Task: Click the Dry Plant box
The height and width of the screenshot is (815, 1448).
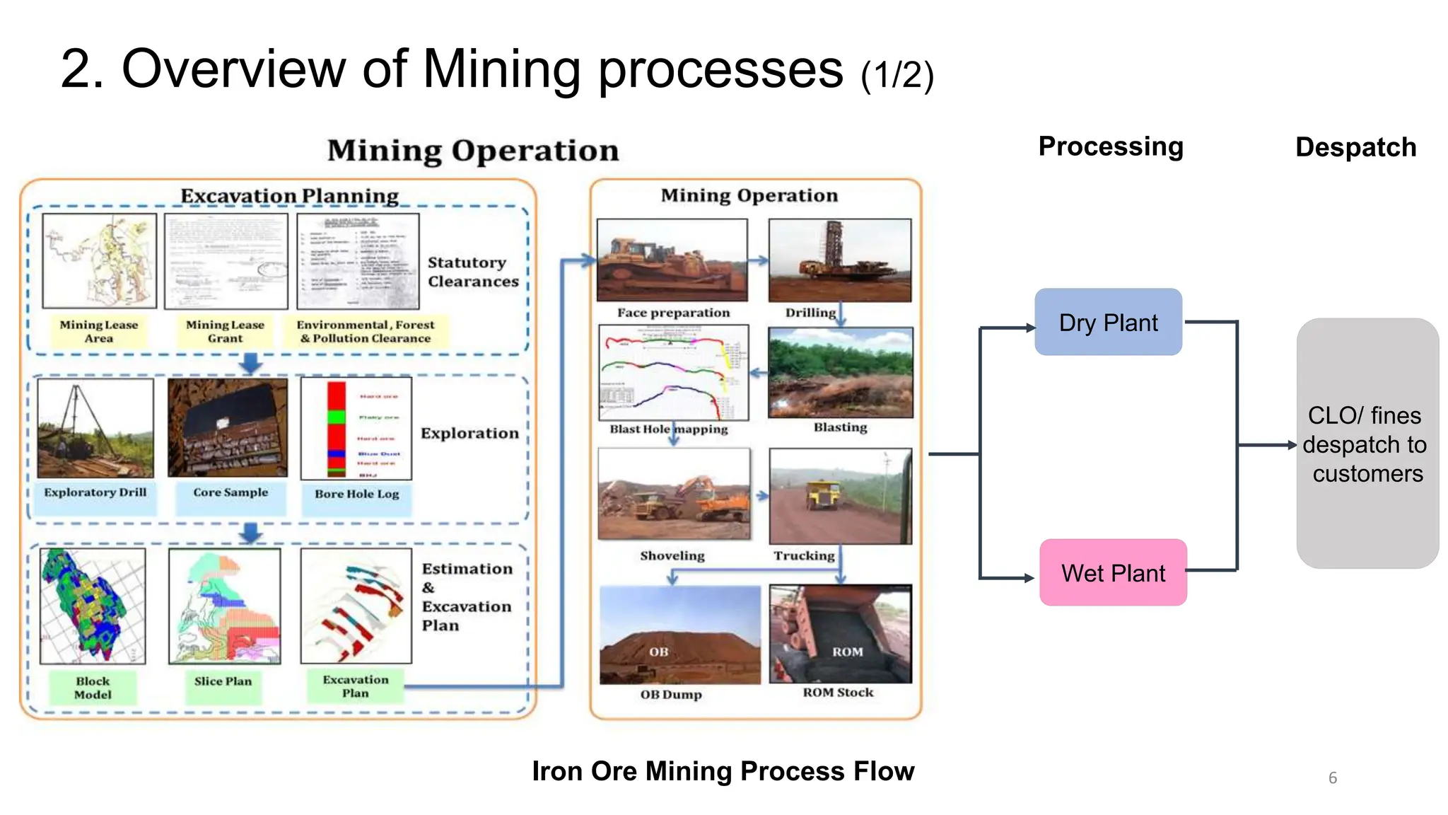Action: [x=1108, y=322]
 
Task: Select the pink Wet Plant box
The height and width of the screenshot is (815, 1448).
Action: [x=1113, y=572]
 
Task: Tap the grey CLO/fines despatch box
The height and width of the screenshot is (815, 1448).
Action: [x=1367, y=444]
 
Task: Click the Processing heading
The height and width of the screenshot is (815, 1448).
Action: [x=1110, y=146]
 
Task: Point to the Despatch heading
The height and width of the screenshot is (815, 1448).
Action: [x=1355, y=147]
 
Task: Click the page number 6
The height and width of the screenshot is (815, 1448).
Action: [x=1333, y=778]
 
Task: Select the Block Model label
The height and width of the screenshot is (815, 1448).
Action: [x=93, y=688]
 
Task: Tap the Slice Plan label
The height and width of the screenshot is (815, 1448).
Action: [x=223, y=681]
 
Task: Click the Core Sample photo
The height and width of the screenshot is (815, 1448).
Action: [x=228, y=427]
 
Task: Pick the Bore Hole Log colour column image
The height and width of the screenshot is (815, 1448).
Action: [x=337, y=429]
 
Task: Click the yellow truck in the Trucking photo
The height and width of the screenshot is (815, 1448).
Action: [x=823, y=494]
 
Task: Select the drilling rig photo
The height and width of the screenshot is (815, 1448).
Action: [x=839, y=260]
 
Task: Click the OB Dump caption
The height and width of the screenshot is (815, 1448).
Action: [x=671, y=695]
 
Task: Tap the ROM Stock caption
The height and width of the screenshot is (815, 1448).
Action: [x=838, y=693]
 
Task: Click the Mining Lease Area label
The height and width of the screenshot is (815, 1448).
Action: [x=99, y=331]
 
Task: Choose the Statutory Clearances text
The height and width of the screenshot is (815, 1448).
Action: [x=472, y=272]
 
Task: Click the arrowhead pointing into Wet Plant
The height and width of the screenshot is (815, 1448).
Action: [x=1029, y=578]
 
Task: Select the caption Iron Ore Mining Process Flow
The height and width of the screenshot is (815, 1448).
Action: [x=723, y=771]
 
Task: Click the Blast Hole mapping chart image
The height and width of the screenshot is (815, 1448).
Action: [x=673, y=372]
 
